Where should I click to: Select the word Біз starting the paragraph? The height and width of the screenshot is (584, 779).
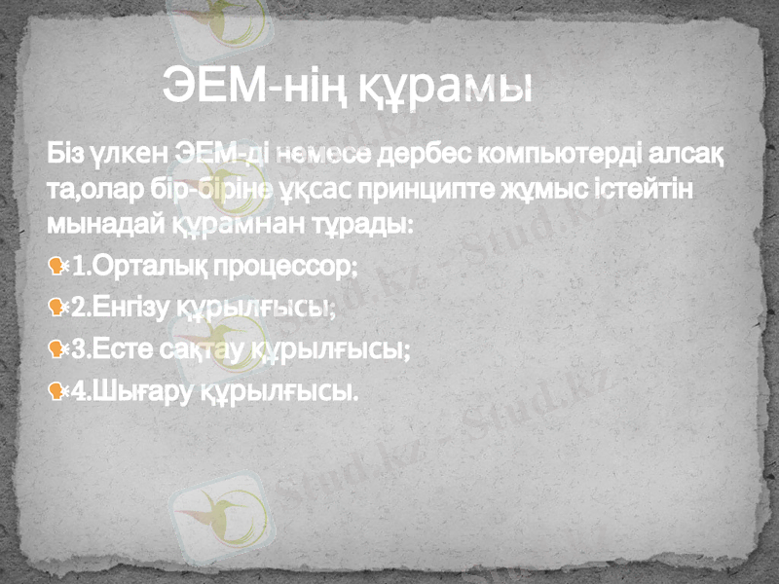coord(64,155)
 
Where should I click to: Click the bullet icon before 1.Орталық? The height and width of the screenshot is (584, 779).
coord(57,266)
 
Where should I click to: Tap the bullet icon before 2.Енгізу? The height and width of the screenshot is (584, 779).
coord(57,308)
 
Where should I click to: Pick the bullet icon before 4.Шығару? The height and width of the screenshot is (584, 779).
coord(57,392)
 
